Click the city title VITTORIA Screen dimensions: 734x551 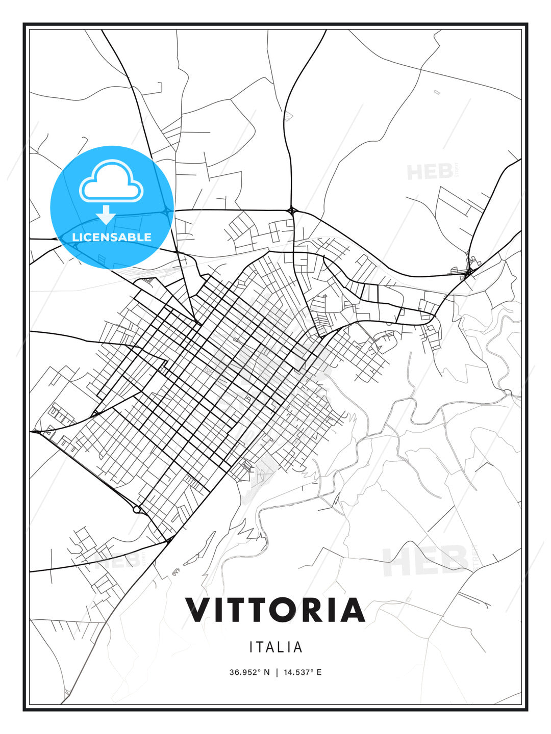coord(275,610)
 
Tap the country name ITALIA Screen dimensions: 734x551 coord(275,647)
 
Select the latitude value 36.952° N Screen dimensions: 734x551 coord(249,672)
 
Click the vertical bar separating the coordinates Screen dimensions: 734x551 coord(277,672)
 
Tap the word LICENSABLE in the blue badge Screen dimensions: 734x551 coord(112,237)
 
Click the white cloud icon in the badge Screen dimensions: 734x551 coord(111,181)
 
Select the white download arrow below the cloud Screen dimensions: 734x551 coord(106,215)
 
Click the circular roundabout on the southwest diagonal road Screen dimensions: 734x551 coord(136,509)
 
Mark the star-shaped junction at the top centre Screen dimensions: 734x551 coord(292,210)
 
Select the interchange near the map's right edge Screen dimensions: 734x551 coord(469,272)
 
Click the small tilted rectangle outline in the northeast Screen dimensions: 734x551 coord(436,92)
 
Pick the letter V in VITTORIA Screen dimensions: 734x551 coord(198,610)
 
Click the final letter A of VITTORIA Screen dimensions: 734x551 coord(353,610)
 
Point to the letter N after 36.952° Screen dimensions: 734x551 coord(266,672)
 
